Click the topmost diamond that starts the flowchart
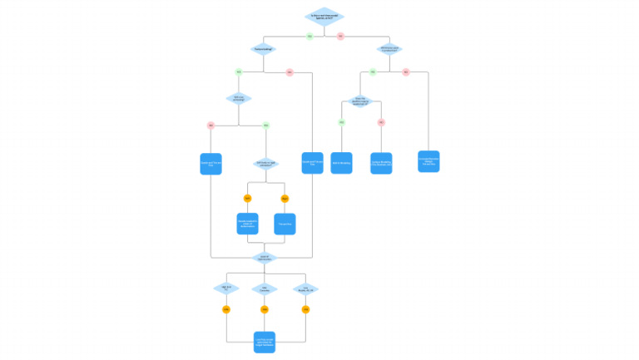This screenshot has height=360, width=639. (325, 17)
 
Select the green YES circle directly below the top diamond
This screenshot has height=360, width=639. (310, 37)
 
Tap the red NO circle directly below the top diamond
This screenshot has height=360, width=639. (340, 37)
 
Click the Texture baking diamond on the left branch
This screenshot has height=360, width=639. (264, 50)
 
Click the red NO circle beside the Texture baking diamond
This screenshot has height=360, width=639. (290, 72)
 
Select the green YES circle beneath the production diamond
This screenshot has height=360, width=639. (373, 72)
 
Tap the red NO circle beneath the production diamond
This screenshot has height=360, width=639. (406, 72)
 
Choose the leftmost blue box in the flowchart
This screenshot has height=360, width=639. (211, 163)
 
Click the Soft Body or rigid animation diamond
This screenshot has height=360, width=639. (266, 163)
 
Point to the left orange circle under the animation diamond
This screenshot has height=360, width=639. (247, 198)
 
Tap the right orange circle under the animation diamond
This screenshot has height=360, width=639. (285, 198)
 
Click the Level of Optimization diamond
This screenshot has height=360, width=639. (265, 258)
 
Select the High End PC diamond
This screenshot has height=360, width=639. (225, 288)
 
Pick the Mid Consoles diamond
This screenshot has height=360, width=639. (265, 288)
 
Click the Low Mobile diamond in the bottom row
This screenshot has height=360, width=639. (305, 288)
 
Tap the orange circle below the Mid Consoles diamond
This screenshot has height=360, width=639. (265, 309)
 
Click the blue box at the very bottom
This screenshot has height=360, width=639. (265, 341)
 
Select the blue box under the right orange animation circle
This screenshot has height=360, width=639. (285, 224)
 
